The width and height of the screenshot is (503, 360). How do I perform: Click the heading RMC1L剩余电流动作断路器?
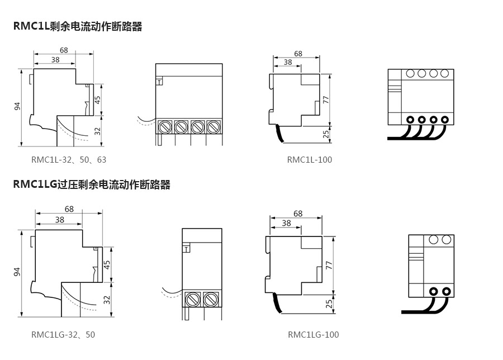(x=78, y=26)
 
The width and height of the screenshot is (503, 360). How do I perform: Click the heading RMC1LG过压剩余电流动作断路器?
(x=92, y=184)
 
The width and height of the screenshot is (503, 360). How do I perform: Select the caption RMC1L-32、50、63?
(x=69, y=160)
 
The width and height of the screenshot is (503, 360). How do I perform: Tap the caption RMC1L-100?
(x=310, y=160)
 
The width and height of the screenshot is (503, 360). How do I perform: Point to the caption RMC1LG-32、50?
(x=63, y=335)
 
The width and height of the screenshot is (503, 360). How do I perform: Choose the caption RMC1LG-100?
(x=314, y=335)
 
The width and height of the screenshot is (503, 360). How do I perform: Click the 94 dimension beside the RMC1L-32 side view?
(x=17, y=106)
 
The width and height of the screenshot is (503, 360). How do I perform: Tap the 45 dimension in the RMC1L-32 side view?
(x=98, y=101)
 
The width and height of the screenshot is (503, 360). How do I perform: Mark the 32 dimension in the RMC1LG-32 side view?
(x=106, y=300)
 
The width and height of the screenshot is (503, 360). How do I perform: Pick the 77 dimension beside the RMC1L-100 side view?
(x=326, y=99)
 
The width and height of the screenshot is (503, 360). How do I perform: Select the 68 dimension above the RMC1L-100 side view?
(x=298, y=54)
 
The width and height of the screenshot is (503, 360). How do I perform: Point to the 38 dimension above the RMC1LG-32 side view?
(x=59, y=220)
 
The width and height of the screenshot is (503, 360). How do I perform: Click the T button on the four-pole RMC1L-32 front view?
(x=159, y=82)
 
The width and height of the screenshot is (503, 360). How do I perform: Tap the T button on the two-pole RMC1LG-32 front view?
(x=186, y=250)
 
